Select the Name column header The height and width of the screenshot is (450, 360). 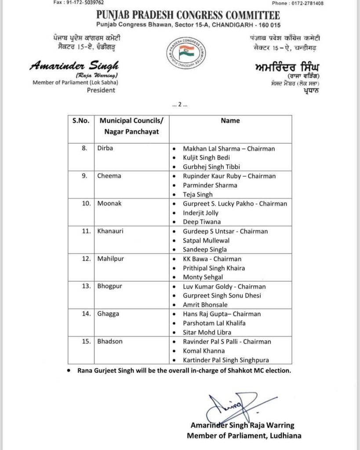(231, 120)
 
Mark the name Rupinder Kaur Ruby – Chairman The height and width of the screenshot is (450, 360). (229, 176)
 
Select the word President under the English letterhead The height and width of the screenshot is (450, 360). (101, 90)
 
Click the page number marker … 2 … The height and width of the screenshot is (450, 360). (180, 105)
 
